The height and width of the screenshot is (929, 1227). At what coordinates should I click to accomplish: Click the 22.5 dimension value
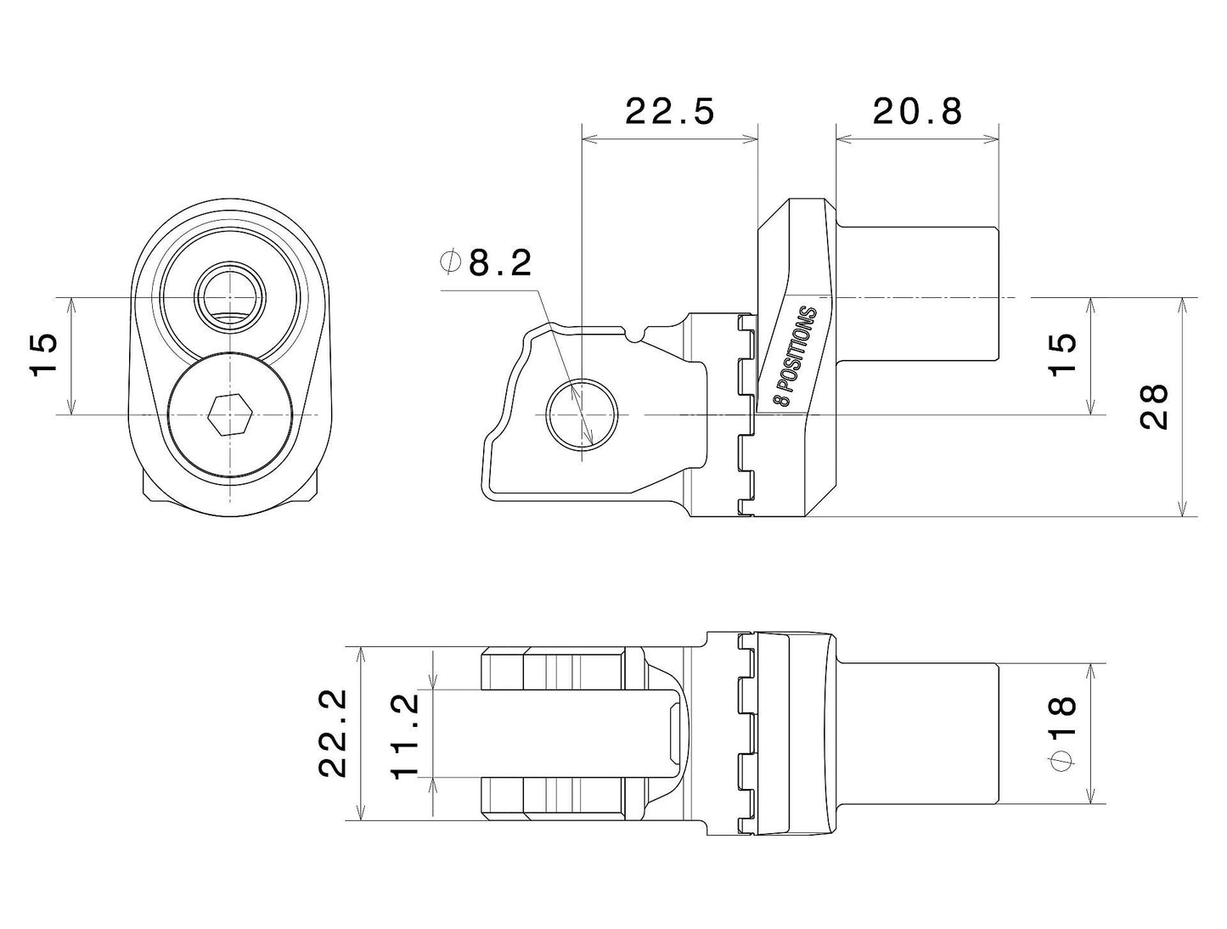point(670,111)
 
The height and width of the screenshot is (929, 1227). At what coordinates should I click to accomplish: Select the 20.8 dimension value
point(917,111)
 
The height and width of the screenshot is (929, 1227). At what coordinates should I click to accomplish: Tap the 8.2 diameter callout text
point(500,264)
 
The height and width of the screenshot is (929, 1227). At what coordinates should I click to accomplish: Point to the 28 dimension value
point(1156,407)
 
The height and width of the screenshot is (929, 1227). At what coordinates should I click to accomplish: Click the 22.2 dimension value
point(334,734)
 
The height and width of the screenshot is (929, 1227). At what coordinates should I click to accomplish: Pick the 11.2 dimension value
point(406,734)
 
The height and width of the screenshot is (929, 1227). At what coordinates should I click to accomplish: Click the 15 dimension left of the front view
point(43,355)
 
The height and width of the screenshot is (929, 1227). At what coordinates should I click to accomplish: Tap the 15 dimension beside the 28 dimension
point(1062,355)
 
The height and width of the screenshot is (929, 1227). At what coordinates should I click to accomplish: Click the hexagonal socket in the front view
point(230,415)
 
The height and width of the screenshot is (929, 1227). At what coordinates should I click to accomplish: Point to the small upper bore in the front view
point(230,297)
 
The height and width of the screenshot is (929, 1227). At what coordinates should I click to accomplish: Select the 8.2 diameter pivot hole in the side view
point(582,414)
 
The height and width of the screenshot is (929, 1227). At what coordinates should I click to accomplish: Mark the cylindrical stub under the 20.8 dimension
point(917,293)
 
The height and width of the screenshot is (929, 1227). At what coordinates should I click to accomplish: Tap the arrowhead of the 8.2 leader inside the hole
point(589,440)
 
